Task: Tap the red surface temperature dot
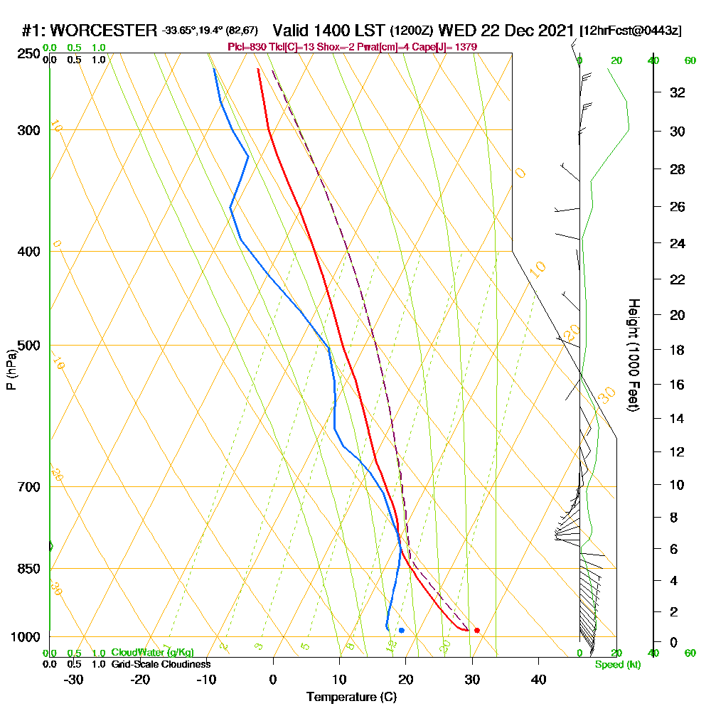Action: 477,630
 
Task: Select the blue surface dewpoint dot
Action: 402,630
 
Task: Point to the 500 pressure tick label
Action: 29,346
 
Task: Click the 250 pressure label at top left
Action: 29,53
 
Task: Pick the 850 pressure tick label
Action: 29,569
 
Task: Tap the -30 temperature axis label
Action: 74,679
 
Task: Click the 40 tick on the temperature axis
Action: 539,679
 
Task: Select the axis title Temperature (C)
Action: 351,697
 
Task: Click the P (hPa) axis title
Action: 11,369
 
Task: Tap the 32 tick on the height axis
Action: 677,92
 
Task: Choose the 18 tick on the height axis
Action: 677,350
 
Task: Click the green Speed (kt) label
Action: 617,664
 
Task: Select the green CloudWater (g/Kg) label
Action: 152,653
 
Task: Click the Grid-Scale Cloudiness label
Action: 161,664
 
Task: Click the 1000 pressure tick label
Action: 26,637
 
